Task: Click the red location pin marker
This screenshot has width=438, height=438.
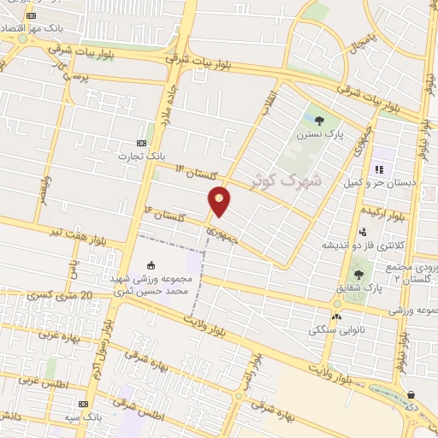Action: point(220,201)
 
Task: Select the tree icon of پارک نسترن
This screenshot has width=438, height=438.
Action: point(320,121)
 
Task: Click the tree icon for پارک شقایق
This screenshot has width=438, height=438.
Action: point(358,275)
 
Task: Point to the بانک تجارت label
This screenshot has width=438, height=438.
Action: point(143,157)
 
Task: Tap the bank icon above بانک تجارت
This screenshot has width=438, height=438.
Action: point(142,143)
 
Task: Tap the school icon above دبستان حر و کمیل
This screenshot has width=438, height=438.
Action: point(378,169)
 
